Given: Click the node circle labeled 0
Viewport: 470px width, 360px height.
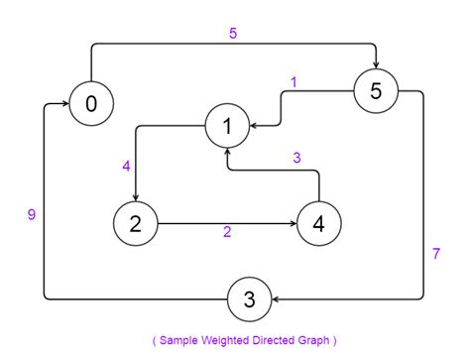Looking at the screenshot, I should pyautogui.click(x=91, y=104).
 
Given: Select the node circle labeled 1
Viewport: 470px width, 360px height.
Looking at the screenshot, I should pyautogui.click(x=227, y=126).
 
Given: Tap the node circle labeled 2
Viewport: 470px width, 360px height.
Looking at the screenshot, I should pyautogui.click(x=136, y=223).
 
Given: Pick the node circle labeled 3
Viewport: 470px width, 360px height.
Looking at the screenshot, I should pyautogui.click(x=250, y=299).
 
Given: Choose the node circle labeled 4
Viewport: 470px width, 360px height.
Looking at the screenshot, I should pyautogui.click(x=318, y=223).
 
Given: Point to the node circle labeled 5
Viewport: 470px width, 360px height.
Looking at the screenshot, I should pyautogui.click(x=376, y=91).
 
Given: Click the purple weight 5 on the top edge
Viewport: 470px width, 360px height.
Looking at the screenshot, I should pyautogui.click(x=232, y=33).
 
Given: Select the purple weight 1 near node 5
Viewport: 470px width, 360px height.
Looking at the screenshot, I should pyautogui.click(x=294, y=82).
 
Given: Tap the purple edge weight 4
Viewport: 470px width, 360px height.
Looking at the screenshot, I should pyautogui.click(x=127, y=166).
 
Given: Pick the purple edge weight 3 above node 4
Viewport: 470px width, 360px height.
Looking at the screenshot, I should pyautogui.click(x=295, y=158).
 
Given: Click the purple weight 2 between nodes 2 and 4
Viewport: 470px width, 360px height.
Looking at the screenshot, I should pyautogui.click(x=227, y=233).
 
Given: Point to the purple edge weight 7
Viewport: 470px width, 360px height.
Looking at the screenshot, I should pyautogui.click(x=436, y=254).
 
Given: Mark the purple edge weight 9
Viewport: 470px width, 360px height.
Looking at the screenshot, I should pyautogui.click(x=32, y=213).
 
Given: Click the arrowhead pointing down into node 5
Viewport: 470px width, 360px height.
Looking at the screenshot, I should pyautogui.click(x=376, y=64).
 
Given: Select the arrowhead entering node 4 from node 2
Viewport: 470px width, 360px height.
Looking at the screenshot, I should pyautogui.click(x=293, y=223).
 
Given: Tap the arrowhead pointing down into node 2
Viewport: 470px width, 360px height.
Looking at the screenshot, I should pyautogui.click(x=136, y=196).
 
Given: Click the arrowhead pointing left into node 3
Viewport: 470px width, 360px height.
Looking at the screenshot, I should pyautogui.click(x=278, y=299).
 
